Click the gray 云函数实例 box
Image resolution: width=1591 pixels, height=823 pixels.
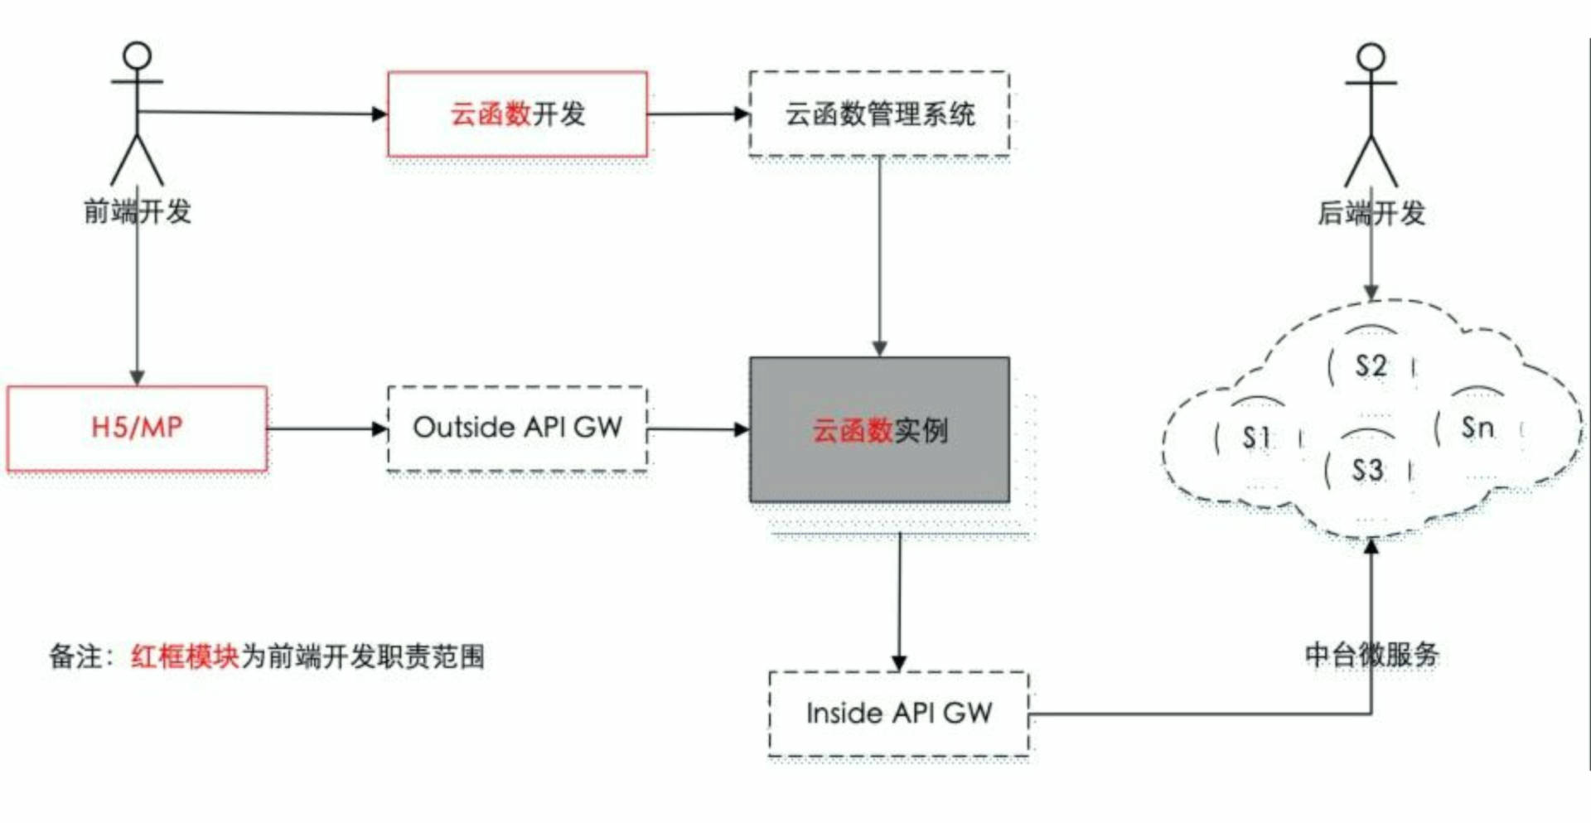tap(879, 429)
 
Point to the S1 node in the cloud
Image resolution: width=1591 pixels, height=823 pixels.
tap(1257, 437)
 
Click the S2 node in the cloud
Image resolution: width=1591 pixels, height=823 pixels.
tap(1371, 366)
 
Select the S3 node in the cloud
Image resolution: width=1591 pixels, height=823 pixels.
tap(1368, 470)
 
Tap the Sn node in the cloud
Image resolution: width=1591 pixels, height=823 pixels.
tap(1478, 428)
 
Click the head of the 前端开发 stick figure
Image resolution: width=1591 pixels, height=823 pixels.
tap(137, 56)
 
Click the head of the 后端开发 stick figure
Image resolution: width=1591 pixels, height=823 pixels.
tap(1371, 56)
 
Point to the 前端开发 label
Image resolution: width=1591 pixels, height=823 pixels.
tap(138, 211)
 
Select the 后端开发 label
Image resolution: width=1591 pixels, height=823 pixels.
tap(1371, 213)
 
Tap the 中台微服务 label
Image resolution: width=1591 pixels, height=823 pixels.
tap(1371, 655)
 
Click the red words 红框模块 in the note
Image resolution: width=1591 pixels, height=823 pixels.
tap(185, 656)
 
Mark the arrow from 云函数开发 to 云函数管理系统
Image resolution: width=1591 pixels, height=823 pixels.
tap(699, 114)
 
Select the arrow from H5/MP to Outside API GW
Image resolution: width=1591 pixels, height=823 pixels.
tap(327, 428)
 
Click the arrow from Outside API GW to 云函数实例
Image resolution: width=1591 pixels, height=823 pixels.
tap(699, 429)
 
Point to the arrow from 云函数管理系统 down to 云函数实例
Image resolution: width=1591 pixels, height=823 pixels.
tap(880, 256)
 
